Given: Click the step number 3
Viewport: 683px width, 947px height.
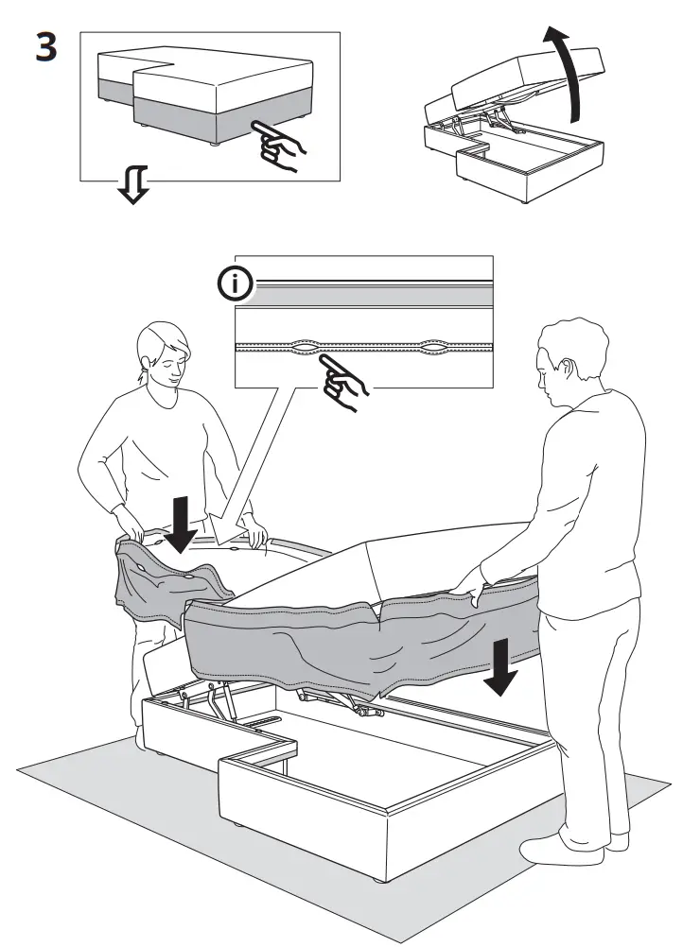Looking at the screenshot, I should [x=45, y=46].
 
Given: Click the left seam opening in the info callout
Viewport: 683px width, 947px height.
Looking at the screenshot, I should [x=307, y=347].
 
